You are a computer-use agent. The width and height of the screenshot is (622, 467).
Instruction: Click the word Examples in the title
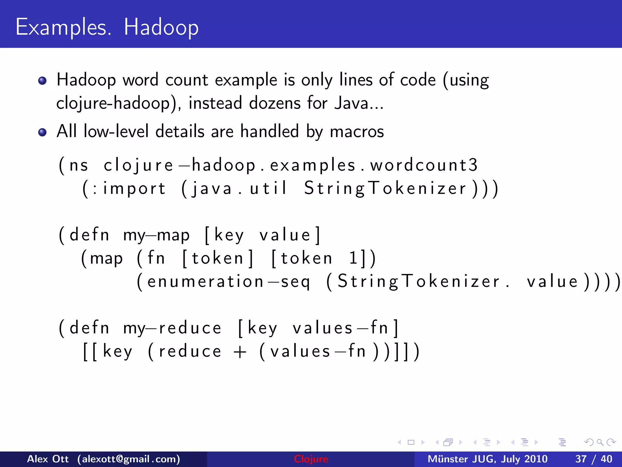(x=63, y=27)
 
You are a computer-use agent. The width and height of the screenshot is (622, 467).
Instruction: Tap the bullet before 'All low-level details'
(x=43, y=132)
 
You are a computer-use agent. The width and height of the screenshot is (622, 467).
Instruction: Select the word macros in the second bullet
(x=357, y=132)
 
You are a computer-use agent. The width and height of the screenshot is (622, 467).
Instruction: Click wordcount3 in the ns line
(x=424, y=165)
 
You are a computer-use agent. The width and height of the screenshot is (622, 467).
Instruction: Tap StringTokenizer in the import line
(x=385, y=189)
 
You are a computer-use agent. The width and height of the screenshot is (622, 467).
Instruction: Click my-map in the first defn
(x=156, y=235)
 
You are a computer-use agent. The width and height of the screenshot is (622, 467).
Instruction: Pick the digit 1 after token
(x=353, y=258)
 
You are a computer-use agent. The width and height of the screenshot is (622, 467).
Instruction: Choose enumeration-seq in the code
(x=228, y=282)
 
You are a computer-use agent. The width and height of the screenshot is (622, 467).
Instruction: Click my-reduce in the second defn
(x=172, y=328)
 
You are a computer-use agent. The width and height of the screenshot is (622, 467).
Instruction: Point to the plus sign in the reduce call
(x=240, y=352)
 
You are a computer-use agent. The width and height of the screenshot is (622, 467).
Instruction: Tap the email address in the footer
(x=128, y=459)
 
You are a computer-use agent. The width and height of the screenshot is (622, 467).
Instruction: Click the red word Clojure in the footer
(x=311, y=459)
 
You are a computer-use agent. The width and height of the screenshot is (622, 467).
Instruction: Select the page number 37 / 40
(x=593, y=459)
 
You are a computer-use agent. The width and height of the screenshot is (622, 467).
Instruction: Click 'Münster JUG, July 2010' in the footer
(x=487, y=459)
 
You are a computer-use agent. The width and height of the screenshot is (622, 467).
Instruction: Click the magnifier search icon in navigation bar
(x=600, y=442)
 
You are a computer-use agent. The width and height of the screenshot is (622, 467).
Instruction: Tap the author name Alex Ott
(x=48, y=459)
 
